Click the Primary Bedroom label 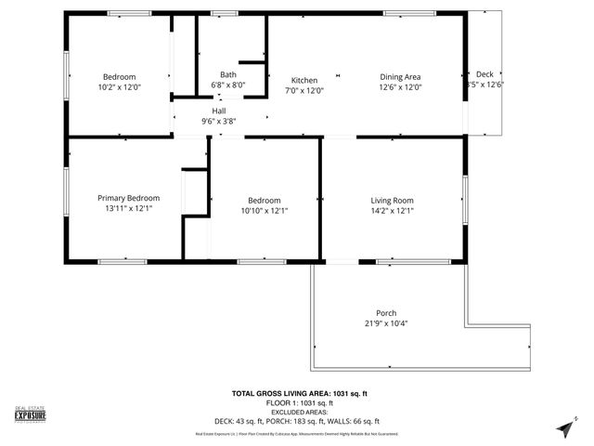[x=129, y=198]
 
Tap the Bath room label [x=227, y=74]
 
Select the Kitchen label [x=304, y=79]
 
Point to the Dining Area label [x=400, y=77]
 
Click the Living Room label [x=392, y=200]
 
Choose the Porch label [x=386, y=312]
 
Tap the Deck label [x=484, y=73]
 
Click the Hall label [x=219, y=111]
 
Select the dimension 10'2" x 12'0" [x=119, y=87]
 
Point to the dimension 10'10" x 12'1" [x=264, y=211]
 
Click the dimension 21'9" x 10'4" [x=386, y=323]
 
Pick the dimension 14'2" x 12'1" [x=392, y=211]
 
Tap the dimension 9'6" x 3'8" [x=219, y=121]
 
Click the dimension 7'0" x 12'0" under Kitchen [x=304, y=90]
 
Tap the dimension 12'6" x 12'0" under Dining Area [x=400, y=88]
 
